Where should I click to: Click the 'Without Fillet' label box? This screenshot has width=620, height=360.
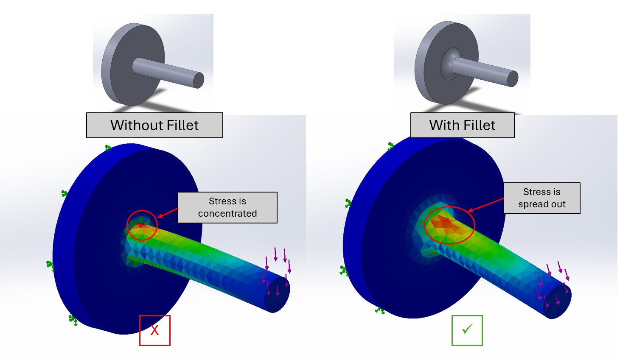154,126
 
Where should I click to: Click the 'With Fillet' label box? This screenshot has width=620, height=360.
462,126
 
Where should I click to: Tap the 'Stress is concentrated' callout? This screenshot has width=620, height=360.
227,207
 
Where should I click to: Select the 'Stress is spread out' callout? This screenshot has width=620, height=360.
541,198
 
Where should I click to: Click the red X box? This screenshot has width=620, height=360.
154,330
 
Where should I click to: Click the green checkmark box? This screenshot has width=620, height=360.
467,330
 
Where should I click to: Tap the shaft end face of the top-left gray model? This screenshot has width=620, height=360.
199,80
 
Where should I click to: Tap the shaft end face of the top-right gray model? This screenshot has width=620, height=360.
513,79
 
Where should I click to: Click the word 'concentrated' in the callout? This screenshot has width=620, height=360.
227,213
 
